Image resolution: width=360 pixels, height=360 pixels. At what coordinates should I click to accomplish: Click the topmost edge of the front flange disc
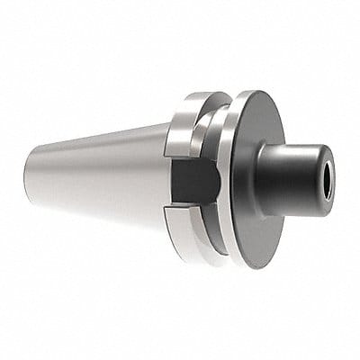pos(256,91)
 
